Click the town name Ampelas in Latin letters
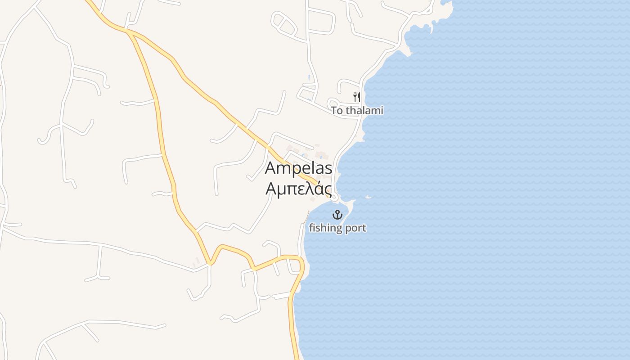coord(299,168)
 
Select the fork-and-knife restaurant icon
coord(357,97)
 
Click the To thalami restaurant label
coord(357,110)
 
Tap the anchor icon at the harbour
coord(337,215)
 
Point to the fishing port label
coord(337,228)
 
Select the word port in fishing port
coord(355,229)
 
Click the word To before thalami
coord(337,110)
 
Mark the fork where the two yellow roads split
coord(129,31)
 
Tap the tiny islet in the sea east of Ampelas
coord(369,197)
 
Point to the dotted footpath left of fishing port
coord(307,216)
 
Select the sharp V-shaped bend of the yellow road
coord(210,262)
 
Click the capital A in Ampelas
coord(271,168)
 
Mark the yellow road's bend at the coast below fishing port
coord(300,263)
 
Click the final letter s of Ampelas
coord(328,168)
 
